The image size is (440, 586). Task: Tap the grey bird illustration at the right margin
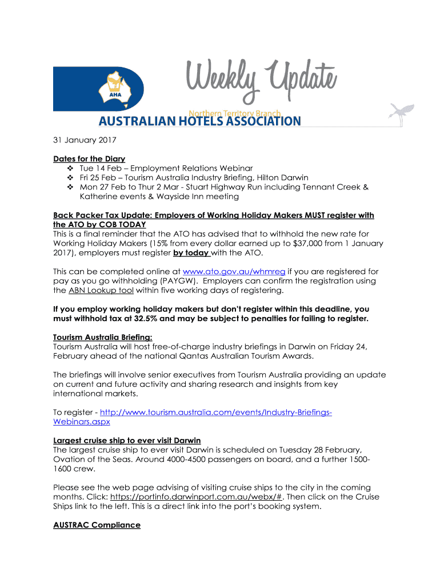[x=401, y=112]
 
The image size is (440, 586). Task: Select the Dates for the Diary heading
[x=89, y=159]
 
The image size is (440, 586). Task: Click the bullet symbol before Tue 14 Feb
[x=71, y=168]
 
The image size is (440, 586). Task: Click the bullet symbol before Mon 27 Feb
[x=71, y=187]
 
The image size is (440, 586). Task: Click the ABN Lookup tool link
[x=101, y=290]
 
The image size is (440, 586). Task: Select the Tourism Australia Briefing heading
[x=103, y=337]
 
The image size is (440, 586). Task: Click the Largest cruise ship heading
[x=127, y=440]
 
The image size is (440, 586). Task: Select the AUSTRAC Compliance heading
[x=97, y=525]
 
